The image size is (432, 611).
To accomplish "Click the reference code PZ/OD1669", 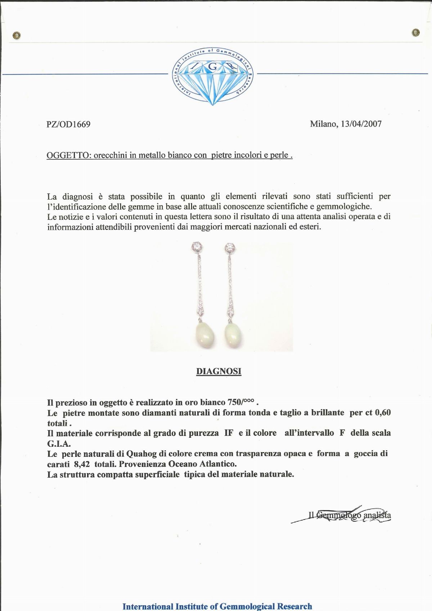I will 68,124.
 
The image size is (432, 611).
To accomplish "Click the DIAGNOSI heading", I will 219,371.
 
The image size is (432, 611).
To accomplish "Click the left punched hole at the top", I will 16,35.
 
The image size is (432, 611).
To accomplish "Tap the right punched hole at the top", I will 416,33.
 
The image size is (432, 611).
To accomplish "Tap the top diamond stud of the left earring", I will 197,247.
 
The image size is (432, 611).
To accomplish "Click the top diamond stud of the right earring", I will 230,248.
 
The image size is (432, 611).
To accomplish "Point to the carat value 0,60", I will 383,412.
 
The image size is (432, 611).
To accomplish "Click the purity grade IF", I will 229,433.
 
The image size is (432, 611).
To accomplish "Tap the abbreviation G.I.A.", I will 59,443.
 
